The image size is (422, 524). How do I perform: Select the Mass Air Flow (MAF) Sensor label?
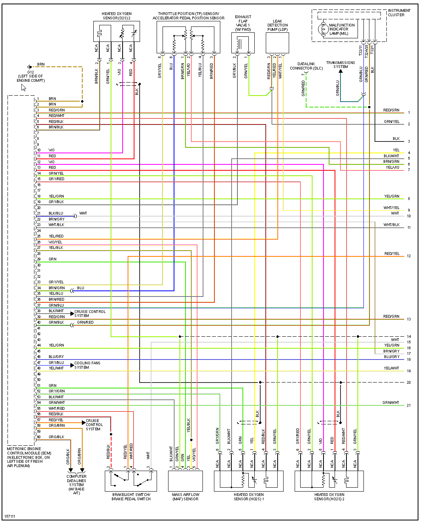(185, 497)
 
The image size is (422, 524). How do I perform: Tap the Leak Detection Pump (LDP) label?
(278, 25)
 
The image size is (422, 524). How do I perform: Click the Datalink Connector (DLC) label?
(306, 66)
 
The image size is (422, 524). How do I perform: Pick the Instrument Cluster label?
(399, 13)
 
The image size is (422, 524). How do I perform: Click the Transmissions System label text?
(340, 64)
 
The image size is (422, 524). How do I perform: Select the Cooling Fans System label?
(87, 365)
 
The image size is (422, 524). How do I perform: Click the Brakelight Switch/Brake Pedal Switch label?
(131, 497)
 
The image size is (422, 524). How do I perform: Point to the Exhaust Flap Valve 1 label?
(243, 23)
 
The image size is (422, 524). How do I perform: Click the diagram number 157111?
(10, 516)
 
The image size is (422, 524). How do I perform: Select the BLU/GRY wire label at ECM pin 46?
(56, 357)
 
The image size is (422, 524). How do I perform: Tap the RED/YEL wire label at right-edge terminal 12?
(392, 254)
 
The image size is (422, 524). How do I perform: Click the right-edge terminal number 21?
(409, 405)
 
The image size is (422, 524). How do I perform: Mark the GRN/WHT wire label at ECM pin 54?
(57, 403)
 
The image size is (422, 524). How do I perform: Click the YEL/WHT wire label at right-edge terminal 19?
(391, 368)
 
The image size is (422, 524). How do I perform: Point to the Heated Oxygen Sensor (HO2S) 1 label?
(249, 497)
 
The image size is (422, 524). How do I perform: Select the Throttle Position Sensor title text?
(188, 16)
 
